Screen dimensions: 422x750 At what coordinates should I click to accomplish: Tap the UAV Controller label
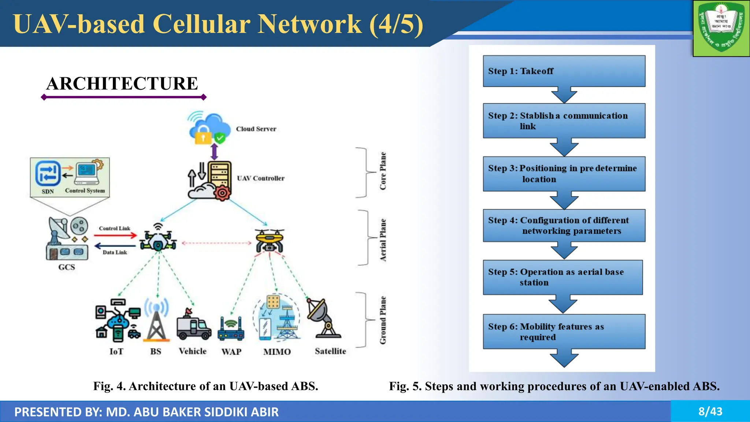point(260,178)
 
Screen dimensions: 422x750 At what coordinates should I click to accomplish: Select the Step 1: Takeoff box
point(564,71)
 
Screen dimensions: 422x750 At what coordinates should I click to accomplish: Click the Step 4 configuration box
point(564,225)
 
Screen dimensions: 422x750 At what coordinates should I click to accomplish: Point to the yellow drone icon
point(270,240)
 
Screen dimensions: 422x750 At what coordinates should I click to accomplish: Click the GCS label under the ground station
point(67,267)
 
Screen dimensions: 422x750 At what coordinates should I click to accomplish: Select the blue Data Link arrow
point(115,246)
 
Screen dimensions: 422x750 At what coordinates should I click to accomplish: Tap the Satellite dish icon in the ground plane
point(323,318)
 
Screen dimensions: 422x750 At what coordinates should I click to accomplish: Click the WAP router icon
point(231,329)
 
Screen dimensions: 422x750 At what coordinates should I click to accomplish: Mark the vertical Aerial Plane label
point(383,240)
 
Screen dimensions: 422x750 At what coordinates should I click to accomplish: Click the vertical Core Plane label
point(383,171)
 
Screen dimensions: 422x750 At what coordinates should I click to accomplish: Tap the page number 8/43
point(710,411)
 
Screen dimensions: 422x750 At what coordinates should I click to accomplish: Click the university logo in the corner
point(721,28)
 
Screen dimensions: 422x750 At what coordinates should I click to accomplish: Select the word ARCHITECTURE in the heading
point(122,84)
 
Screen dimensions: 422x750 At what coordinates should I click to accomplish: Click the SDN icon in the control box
point(48,173)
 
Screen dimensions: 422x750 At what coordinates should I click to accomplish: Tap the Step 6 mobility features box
point(564,332)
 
